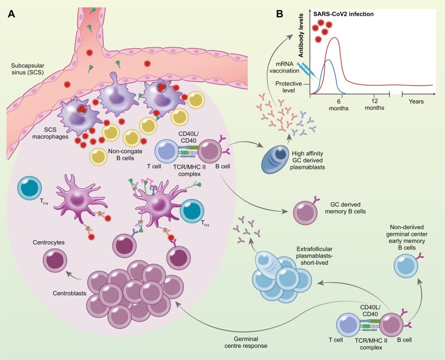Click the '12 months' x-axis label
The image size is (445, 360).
pyautogui.click(x=374, y=105)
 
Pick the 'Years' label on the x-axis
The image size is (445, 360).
pyautogui.click(x=415, y=101)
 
